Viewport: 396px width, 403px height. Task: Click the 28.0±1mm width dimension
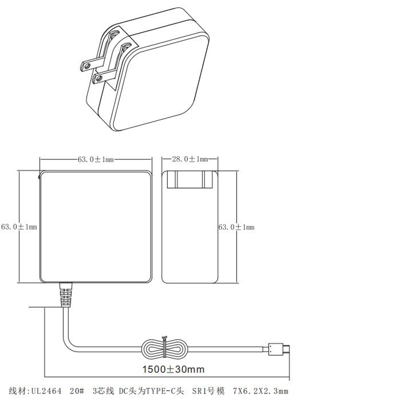pyautogui.click(x=190, y=159)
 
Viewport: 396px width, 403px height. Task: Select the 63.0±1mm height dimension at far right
pyautogui.click(x=236, y=227)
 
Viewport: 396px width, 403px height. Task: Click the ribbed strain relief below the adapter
pyautogui.click(x=65, y=296)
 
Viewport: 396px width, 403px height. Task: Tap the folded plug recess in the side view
pyautogui.click(x=190, y=181)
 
